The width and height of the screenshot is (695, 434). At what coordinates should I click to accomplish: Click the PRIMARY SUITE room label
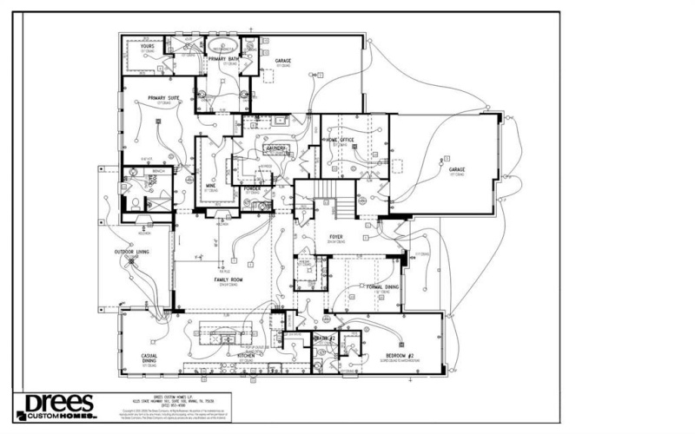point(162,98)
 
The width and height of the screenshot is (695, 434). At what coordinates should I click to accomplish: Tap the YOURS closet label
point(136,47)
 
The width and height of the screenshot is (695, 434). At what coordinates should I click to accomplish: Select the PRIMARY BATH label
point(222,59)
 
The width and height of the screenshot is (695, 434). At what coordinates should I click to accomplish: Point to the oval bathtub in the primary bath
point(216,45)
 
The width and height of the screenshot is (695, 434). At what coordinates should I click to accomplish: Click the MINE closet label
point(210,185)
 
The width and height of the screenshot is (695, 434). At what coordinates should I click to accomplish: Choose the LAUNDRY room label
point(276,148)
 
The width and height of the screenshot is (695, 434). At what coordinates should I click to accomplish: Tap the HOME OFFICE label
point(341,139)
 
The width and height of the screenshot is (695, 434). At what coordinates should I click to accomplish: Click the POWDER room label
point(254,187)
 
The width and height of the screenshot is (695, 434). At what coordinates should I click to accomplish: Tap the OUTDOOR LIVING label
point(131,253)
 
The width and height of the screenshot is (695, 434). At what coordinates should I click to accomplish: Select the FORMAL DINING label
point(381,286)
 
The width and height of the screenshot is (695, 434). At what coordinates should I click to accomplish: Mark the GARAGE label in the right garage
point(458,169)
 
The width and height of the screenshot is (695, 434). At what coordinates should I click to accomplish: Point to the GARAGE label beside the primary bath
point(283,61)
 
